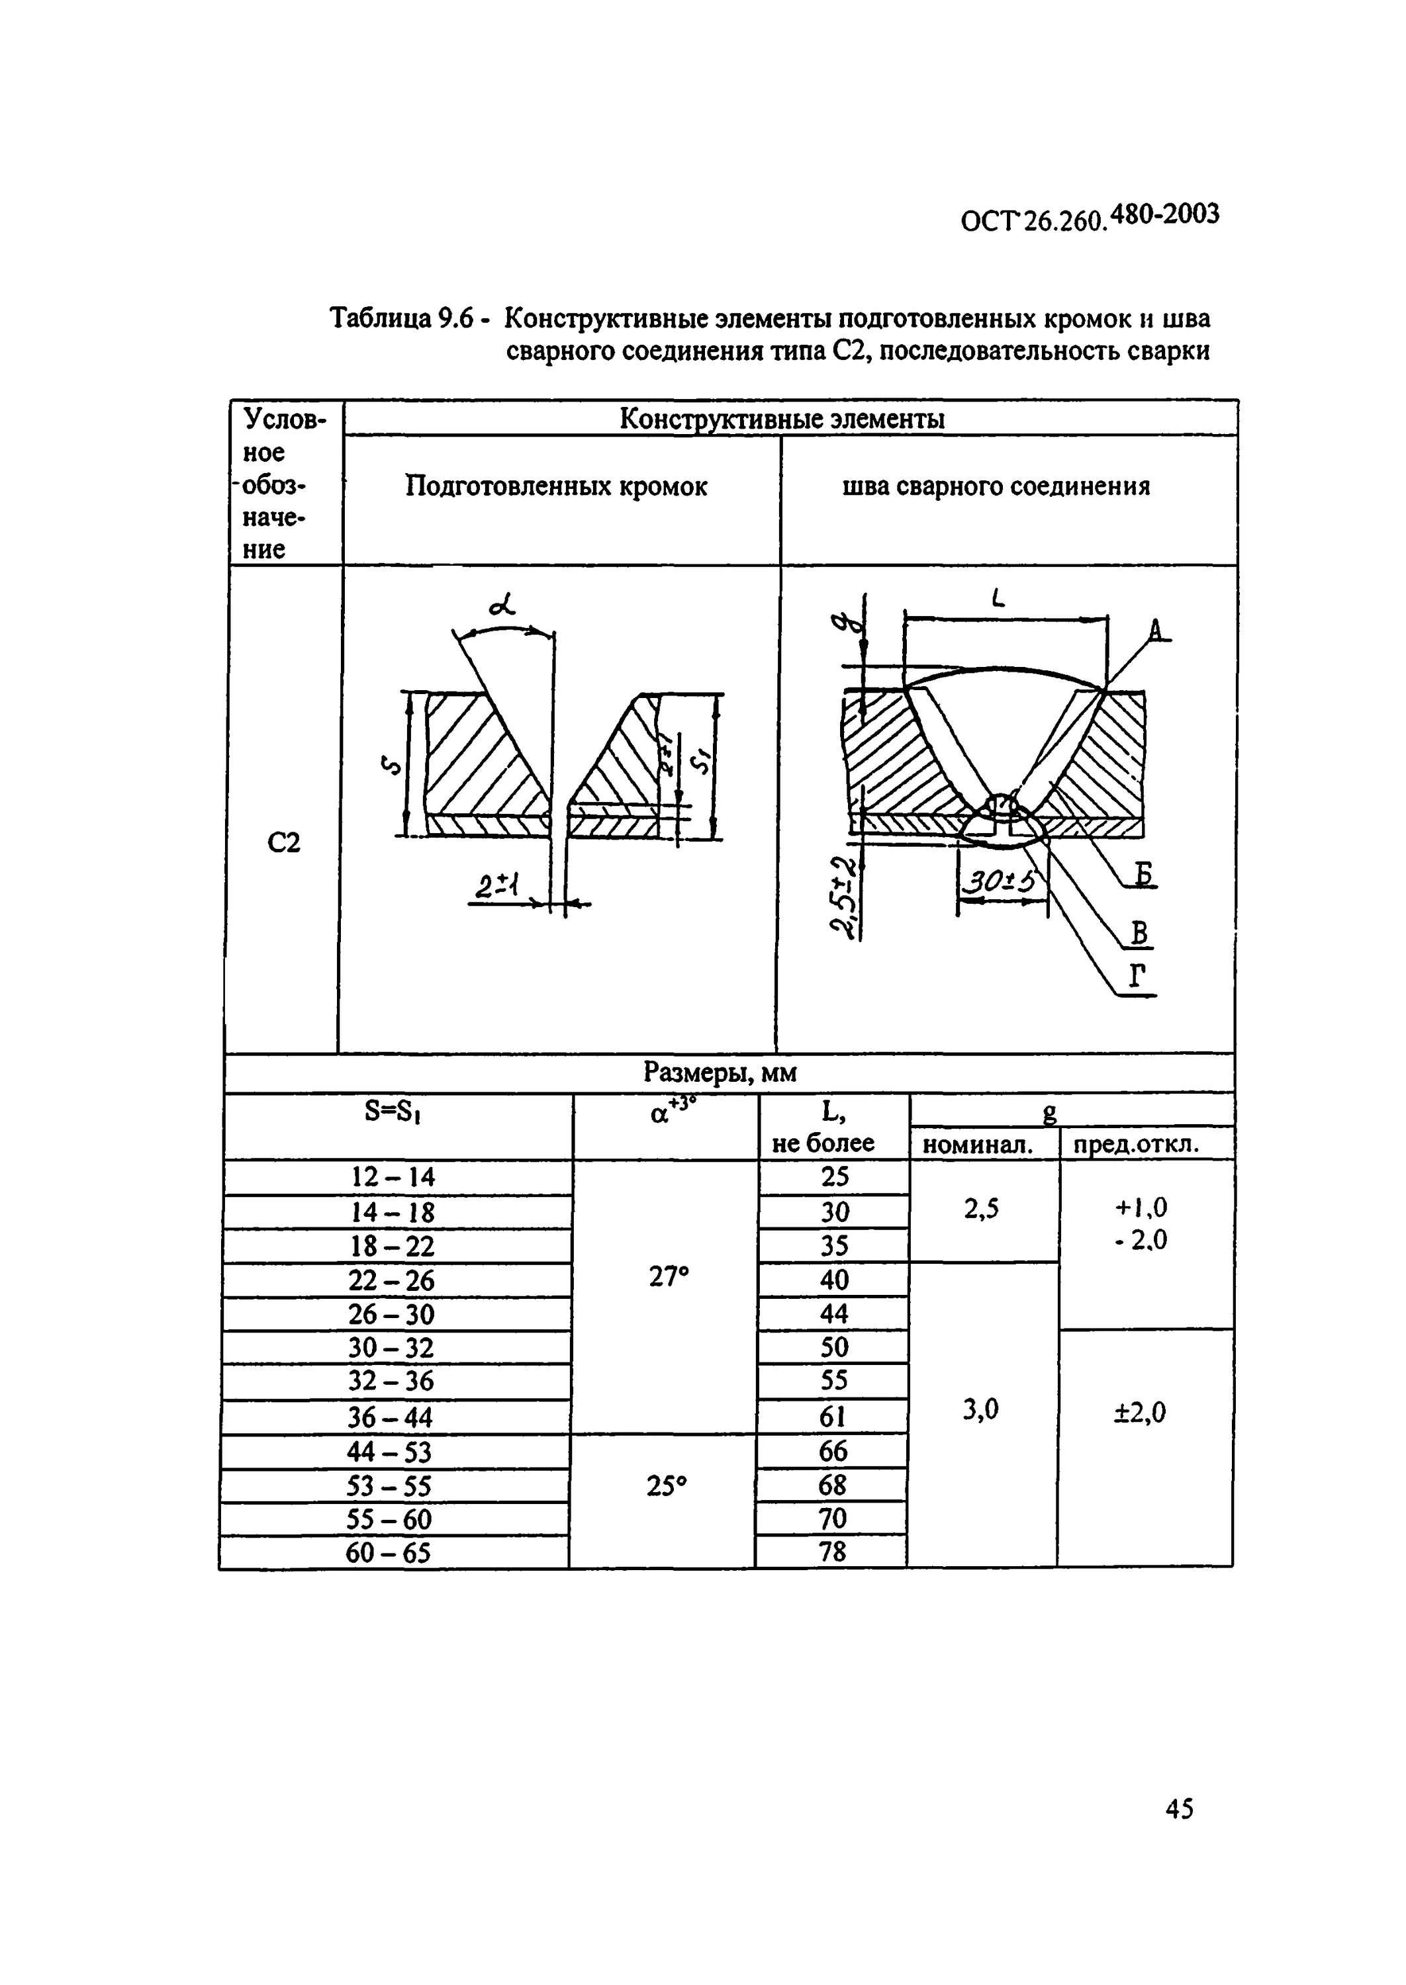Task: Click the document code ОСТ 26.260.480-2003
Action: coord(1089,217)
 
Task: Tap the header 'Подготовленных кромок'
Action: coord(556,487)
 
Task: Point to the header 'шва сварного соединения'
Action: coord(996,486)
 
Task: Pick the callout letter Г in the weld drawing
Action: coord(1138,976)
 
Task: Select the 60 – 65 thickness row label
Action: coord(388,1553)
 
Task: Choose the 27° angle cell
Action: coord(669,1277)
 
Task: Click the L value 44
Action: coord(833,1313)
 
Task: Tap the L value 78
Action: coord(832,1552)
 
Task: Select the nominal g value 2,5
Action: coord(981,1209)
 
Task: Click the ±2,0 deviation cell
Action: coord(1140,1413)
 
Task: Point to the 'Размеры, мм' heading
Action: coord(720,1073)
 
